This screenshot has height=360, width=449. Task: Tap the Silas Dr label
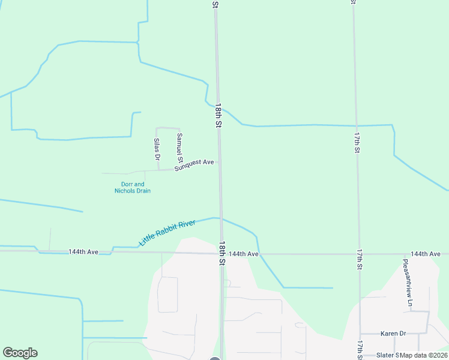click(x=157, y=149)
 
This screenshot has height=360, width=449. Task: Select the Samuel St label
click(x=179, y=146)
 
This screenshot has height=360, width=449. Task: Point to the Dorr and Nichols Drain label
click(x=132, y=188)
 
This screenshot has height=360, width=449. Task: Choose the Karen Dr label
click(x=393, y=333)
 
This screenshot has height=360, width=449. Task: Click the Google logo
click(x=20, y=353)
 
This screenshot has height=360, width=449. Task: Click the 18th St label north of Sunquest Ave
click(x=219, y=115)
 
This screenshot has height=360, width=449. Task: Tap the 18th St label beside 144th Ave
click(x=222, y=254)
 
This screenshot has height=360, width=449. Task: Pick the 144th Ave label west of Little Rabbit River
click(x=83, y=252)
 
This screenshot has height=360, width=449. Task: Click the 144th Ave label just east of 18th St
click(x=244, y=254)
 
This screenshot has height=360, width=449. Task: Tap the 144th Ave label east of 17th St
click(x=426, y=254)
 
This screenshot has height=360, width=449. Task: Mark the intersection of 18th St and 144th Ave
click(x=220, y=253)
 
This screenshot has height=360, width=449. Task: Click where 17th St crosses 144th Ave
click(x=358, y=254)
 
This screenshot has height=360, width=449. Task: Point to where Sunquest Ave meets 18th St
click(x=219, y=162)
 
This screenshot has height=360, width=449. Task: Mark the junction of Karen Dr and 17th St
click(x=360, y=334)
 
